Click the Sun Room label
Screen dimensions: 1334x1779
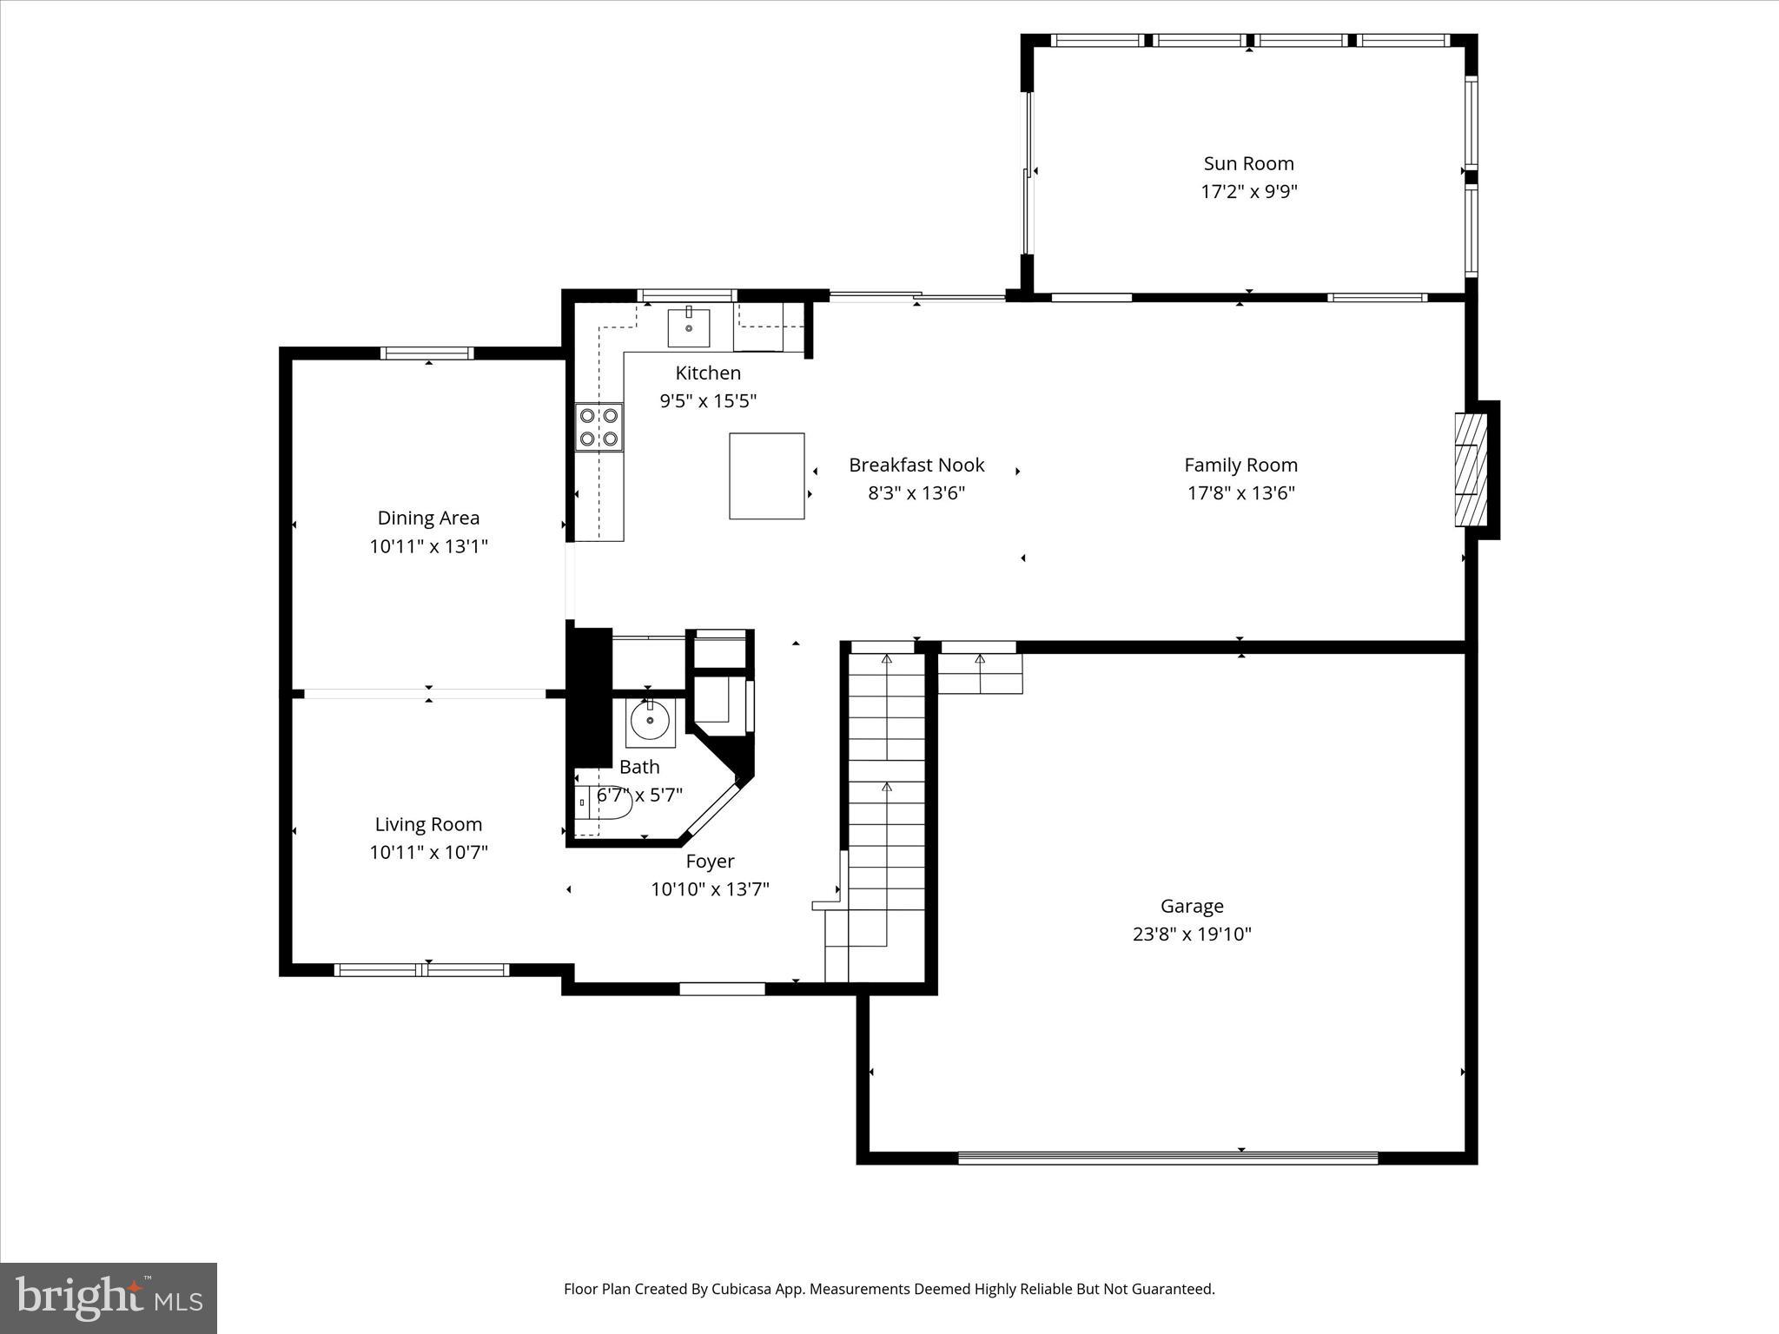pyautogui.click(x=1248, y=163)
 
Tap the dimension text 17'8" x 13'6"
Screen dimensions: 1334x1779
pyautogui.click(x=1240, y=493)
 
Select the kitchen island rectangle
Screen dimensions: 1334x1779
pyautogui.click(x=766, y=476)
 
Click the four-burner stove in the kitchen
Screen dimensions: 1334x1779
pyautogui.click(x=599, y=427)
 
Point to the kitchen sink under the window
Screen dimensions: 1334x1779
pyautogui.click(x=688, y=327)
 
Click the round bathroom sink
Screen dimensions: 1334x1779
pyautogui.click(x=649, y=720)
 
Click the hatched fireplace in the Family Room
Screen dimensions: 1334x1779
pyautogui.click(x=1470, y=469)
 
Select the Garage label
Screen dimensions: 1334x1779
pyautogui.click(x=1192, y=906)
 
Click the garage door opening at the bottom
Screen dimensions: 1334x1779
pyautogui.click(x=1167, y=1157)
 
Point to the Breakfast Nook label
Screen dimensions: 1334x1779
pyautogui.click(x=916, y=465)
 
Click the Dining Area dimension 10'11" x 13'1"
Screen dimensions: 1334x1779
pyautogui.click(x=428, y=546)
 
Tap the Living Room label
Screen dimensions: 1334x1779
pyautogui.click(x=428, y=824)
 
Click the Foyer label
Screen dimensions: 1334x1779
pyautogui.click(x=710, y=861)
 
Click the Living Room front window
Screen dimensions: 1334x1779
pyautogui.click(x=422, y=970)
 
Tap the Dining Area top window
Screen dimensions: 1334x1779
pyautogui.click(x=427, y=353)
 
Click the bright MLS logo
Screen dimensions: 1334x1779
pyautogui.click(x=109, y=1298)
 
